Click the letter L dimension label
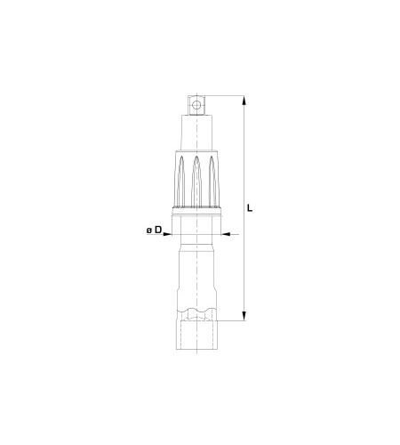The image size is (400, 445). point(250,207)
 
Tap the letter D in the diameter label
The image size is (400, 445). point(158,230)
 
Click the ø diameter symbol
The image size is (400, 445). point(149,231)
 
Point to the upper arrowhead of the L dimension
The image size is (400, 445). point(244,101)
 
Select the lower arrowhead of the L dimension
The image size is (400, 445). point(244,316)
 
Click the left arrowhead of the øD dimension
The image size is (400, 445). point(167,234)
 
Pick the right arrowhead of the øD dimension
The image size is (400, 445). point(226,234)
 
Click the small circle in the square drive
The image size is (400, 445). point(196,105)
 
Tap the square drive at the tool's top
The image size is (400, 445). point(196,105)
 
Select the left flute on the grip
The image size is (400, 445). point(181,181)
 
